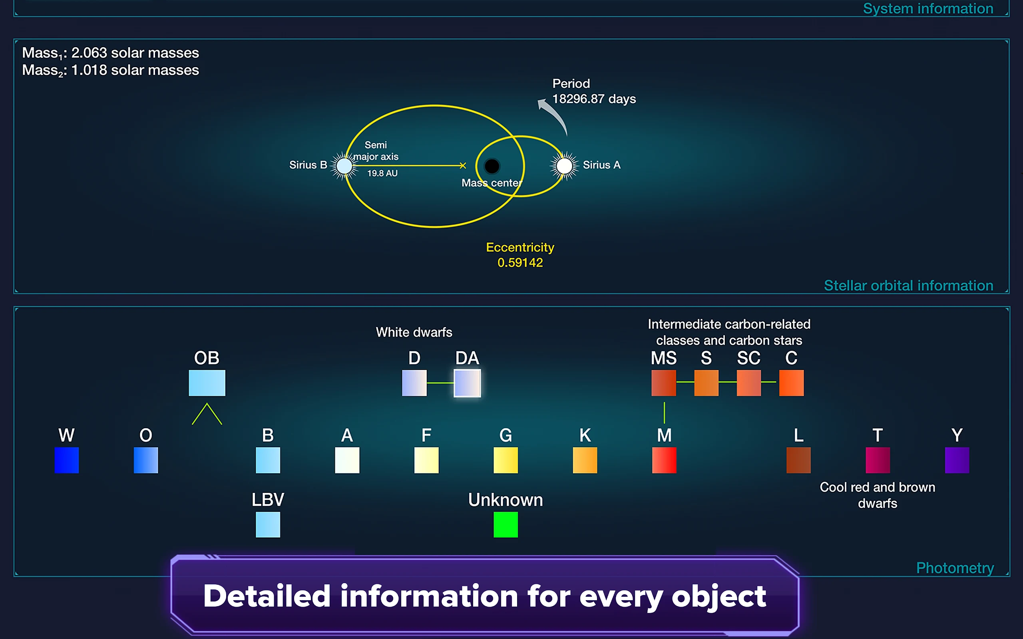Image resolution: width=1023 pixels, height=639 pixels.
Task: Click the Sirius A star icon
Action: [564, 166]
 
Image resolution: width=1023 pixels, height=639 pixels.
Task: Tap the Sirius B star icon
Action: [344, 166]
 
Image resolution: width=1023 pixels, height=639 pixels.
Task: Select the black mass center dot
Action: [492, 166]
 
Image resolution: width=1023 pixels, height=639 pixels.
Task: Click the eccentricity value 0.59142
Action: [520, 262]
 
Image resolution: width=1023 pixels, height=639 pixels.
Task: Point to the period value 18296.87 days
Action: [594, 99]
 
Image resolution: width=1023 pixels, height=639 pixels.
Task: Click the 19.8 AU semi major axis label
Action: [382, 173]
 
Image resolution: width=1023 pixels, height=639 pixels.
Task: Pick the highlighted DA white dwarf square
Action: [467, 383]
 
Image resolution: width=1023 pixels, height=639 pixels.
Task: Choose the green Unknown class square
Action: [506, 524]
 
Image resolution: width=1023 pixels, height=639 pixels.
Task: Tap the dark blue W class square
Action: [67, 460]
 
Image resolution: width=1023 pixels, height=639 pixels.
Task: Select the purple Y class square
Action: [957, 460]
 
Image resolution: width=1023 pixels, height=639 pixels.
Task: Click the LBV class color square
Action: [268, 524]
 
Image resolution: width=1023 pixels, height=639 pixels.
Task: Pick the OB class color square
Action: [207, 383]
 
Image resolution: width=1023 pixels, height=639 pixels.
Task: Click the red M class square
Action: [664, 460]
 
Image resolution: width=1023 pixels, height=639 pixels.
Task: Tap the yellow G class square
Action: [506, 460]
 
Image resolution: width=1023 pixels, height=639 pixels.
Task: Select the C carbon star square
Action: [791, 383]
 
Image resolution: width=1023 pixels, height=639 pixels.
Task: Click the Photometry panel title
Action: [955, 568]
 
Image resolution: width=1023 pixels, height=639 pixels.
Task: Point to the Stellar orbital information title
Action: [908, 285]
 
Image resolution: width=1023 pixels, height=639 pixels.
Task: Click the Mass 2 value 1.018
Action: [89, 70]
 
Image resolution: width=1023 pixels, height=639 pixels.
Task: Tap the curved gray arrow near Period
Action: [555, 115]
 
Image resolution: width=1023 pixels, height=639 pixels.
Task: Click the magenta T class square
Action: [878, 460]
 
